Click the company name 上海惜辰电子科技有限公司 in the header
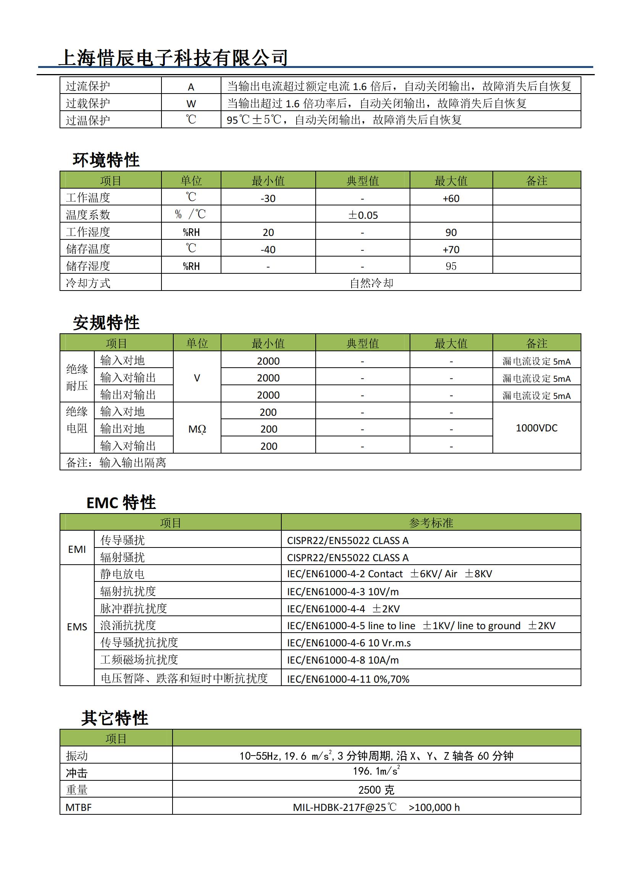(x=173, y=58)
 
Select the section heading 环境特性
(x=106, y=160)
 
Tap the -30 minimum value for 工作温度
(x=268, y=199)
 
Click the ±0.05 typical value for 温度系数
(x=363, y=215)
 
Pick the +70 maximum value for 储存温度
(x=451, y=249)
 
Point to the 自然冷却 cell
(x=371, y=283)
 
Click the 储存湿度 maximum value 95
(x=451, y=266)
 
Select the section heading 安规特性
(x=106, y=323)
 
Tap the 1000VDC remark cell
(x=537, y=428)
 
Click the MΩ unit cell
(x=197, y=429)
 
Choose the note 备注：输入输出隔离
(x=116, y=462)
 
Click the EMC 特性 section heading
(x=121, y=502)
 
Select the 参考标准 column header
(x=431, y=523)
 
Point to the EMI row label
(x=77, y=549)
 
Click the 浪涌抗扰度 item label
(x=128, y=625)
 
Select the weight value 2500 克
(x=376, y=790)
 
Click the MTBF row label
(x=79, y=807)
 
